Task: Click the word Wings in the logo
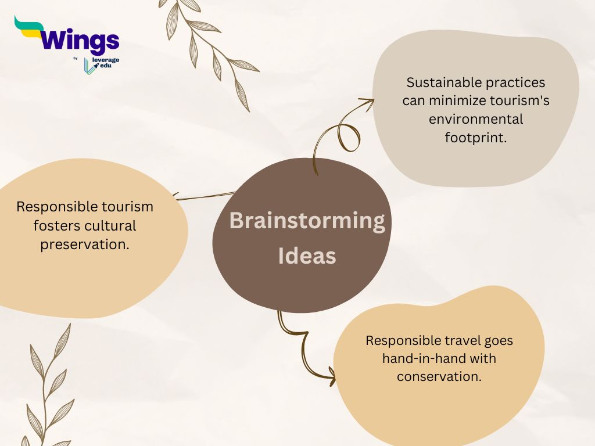pyautogui.click(x=79, y=40)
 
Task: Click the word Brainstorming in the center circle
pyautogui.click(x=307, y=221)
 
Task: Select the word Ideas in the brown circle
pyautogui.click(x=307, y=256)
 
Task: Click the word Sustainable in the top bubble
pyautogui.click(x=440, y=82)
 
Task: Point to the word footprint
pyautogui.click(x=476, y=137)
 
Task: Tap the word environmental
pyautogui.click(x=476, y=119)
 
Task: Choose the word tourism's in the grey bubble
pyautogui.click(x=519, y=100)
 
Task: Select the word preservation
pyautogui.click(x=85, y=244)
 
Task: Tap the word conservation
pyautogui.click(x=439, y=376)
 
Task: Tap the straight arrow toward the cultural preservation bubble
pyautogui.click(x=205, y=196)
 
